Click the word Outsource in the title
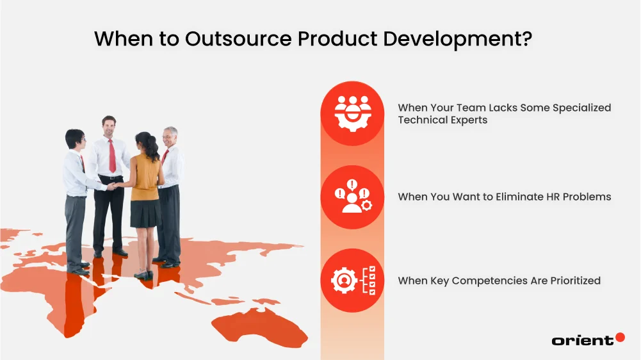click(238, 38)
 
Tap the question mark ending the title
click(526, 38)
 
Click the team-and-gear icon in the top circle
click(352, 113)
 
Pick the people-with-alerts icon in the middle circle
click(352, 197)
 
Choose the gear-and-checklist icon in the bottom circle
click(352, 281)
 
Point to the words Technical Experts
click(442, 120)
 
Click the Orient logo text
click(582, 341)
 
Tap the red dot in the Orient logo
click(619, 337)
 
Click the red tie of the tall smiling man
click(112, 156)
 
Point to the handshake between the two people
click(113, 186)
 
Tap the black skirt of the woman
click(145, 213)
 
